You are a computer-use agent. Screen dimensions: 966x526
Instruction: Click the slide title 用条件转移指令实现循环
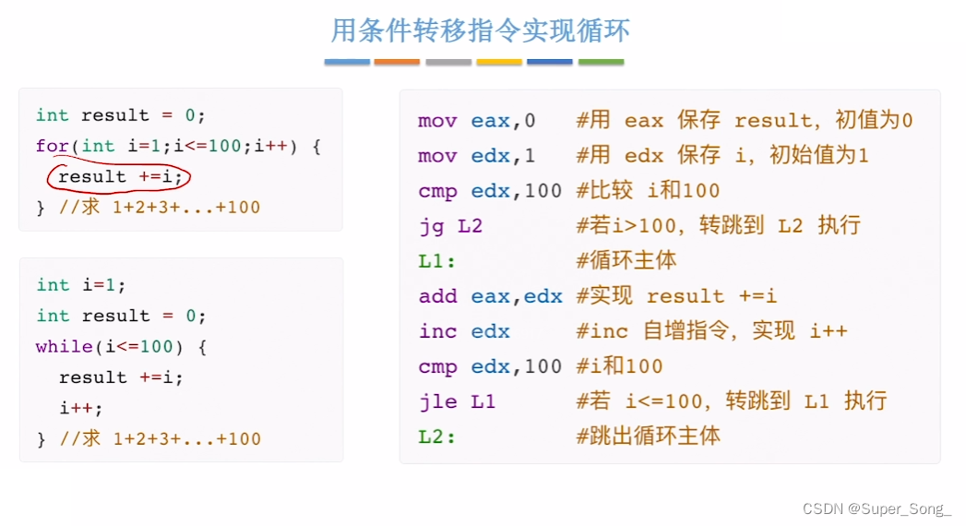(x=481, y=30)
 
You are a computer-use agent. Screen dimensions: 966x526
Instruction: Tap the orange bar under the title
(x=397, y=63)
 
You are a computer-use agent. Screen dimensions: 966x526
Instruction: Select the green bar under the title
(x=601, y=63)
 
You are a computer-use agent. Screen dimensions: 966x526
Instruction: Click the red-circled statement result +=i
(x=121, y=176)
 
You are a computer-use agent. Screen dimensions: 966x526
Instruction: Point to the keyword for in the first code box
(x=52, y=146)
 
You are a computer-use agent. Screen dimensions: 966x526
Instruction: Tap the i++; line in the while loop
(x=81, y=408)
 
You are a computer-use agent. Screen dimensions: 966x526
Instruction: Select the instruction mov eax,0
(x=476, y=120)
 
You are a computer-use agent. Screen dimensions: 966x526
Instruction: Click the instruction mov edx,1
(x=476, y=155)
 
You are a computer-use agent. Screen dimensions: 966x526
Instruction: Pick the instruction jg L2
(x=450, y=225)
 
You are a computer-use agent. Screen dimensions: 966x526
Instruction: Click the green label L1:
(x=437, y=260)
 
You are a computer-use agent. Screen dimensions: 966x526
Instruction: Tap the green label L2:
(x=437, y=436)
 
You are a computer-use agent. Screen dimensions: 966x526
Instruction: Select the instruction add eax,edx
(x=490, y=296)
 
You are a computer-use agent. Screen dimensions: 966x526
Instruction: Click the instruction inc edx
(x=463, y=331)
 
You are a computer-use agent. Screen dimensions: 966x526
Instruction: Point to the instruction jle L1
(x=457, y=401)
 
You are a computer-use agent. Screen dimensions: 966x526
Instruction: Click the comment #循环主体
(x=626, y=260)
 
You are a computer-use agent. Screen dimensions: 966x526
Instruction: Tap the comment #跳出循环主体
(x=649, y=436)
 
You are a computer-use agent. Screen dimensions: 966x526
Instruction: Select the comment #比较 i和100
(x=648, y=190)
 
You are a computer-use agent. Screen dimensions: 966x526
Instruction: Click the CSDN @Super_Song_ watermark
(x=877, y=509)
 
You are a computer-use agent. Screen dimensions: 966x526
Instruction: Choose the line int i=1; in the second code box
(x=81, y=285)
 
